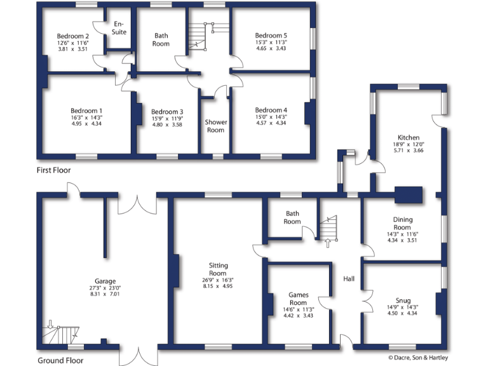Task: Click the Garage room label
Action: pyautogui.click(x=105, y=281)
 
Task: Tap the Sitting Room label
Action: pyautogui.click(x=218, y=269)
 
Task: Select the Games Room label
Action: pyautogui.click(x=298, y=299)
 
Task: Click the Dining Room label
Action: pyautogui.click(x=402, y=223)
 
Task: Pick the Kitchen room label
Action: pyautogui.click(x=408, y=137)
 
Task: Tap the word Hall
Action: pyautogui.click(x=349, y=279)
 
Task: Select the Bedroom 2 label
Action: pyautogui.click(x=72, y=36)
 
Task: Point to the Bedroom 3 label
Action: pyautogui.click(x=167, y=112)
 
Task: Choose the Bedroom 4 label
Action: pyautogui.click(x=271, y=110)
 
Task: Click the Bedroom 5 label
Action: pyautogui.click(x=271, y=36)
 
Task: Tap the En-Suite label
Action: pyautogui.click(x=119, y=28)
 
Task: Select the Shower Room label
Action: pyautogui.click(x=215, y=126)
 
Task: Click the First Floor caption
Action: pyautogui.click(x=53, y=170)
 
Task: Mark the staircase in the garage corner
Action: pyautogui.click(x=62, y=334)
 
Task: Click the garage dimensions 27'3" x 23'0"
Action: pyautogui.click(x=105, y=288)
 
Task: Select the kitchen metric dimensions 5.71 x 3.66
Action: pyautogui.click(x=408, y=151)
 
